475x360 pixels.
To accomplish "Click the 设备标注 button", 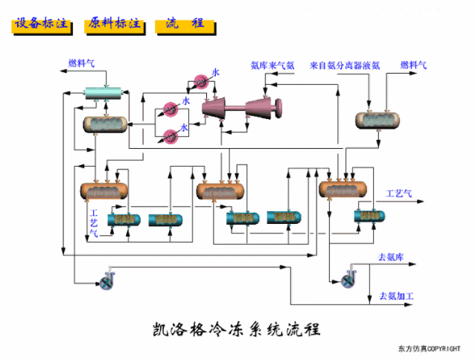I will [x=42, y=24].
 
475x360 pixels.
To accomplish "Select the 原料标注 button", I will [x=114, y=24].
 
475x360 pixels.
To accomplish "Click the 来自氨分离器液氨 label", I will [x=345, y=65].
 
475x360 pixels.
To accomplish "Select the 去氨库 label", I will [x=391, y=257].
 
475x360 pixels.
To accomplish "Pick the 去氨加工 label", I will [x=396, y=296].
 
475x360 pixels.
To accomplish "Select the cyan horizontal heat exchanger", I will [x=105, y=91].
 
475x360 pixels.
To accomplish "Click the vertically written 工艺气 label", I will [x=93, y=223].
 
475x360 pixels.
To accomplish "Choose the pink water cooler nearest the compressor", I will [x=199, y=81].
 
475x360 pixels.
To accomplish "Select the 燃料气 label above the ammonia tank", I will [x=413, y=65].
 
